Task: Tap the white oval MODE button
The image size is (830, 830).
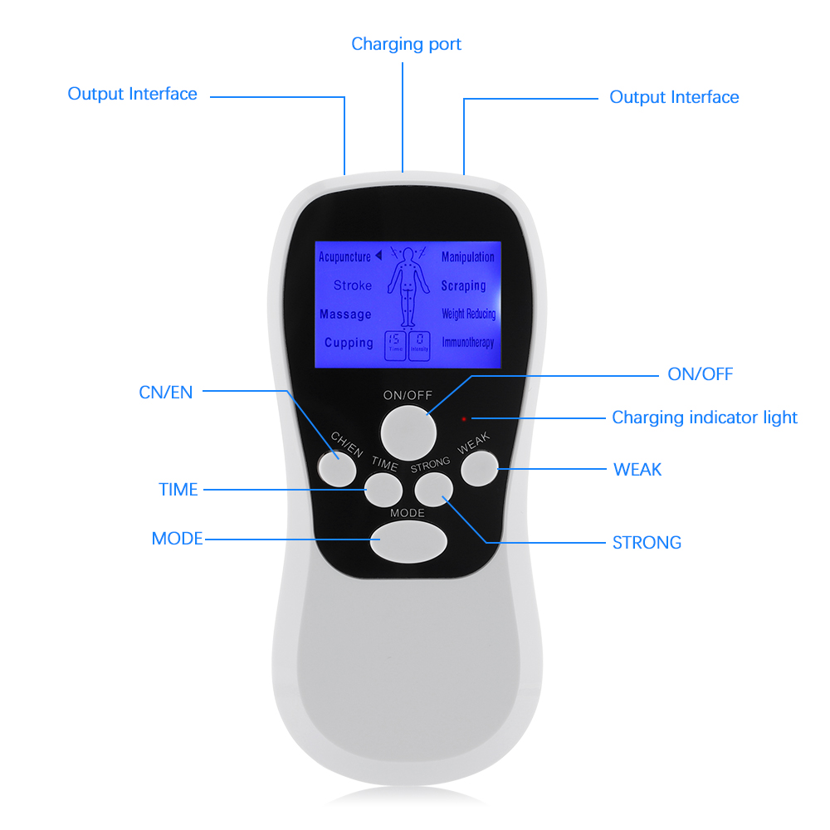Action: pyautogui.click(x=408, y=542)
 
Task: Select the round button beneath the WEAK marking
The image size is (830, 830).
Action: pyautogui.click(x=479, y=469)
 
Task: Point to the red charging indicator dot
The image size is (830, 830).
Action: pyautogui.click(x=464, y=419)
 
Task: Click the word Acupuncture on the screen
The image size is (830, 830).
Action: pyautogui.click(x=344, y=257)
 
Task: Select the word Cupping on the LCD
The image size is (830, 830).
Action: pyautogui.click(x=349, y=343)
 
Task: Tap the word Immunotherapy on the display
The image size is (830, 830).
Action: pyautogui.click(x=467, y=342)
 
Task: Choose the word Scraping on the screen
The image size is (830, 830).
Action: pyautogui.click(x=463, y=286)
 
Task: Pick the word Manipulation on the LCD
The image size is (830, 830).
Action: pyautogui.click(x=467, y=257)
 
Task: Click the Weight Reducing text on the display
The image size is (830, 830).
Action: pyautogui.click(x=468, y=314)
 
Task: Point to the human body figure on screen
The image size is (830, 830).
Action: pyautogui.click(x=407, y=286)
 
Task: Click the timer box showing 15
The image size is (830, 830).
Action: pyautogui.click(x=395, y=344)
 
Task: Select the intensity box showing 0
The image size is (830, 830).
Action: pyautogui.click(x=420, y=344)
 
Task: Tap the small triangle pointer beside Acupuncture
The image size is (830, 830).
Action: pyautogui.click(x=378, y=256)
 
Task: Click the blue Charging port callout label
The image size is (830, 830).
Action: pyautogui.click(x=406, y=44)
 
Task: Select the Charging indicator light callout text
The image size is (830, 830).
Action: pyautogui.click(x=704, y=417)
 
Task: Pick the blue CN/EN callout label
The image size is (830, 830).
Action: pyautogui.click(x=166, y=393)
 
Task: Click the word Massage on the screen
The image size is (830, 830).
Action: pyautogui.click(x=345, y=315)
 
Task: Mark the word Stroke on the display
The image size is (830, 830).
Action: pyautogui.click(x=353, y=286)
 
